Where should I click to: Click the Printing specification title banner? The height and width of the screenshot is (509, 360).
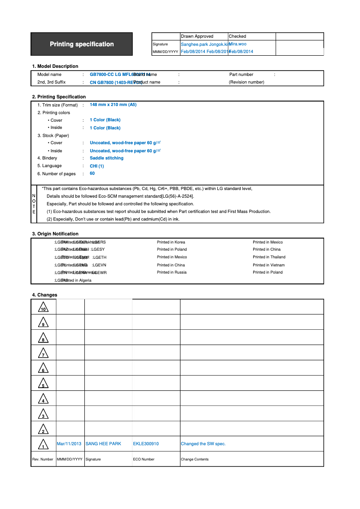coord(82,44)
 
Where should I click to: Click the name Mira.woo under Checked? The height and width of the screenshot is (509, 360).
coord(237,44)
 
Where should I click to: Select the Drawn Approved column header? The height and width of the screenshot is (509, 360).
coord(197,36)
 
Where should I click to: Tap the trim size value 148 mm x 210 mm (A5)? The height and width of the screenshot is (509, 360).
coord(113,105)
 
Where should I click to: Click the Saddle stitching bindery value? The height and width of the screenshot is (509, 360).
coord(106,158)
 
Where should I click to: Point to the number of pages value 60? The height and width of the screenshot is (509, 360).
coord(92,173)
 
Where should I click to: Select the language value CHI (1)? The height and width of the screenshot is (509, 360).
coord(97,166)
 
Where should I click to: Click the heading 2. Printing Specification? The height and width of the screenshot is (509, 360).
coord(59,97)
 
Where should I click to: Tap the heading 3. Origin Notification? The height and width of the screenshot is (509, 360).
coord(55,234)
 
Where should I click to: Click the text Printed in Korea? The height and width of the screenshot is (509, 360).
coord(171,242)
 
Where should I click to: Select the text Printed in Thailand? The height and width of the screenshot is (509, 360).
coord(269,257)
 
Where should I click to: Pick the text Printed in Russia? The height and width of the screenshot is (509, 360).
coord(171,272)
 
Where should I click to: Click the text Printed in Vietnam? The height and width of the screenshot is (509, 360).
coord(268,265)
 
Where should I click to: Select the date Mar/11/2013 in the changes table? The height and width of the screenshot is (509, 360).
coord(69,444)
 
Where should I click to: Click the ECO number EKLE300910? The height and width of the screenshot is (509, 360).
coord(146,444)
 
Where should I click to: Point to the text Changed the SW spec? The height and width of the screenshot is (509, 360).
coord(203,444)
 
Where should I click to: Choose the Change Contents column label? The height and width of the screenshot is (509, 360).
coord(195,459)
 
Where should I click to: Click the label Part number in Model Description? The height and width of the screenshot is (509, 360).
coord(241,75)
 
